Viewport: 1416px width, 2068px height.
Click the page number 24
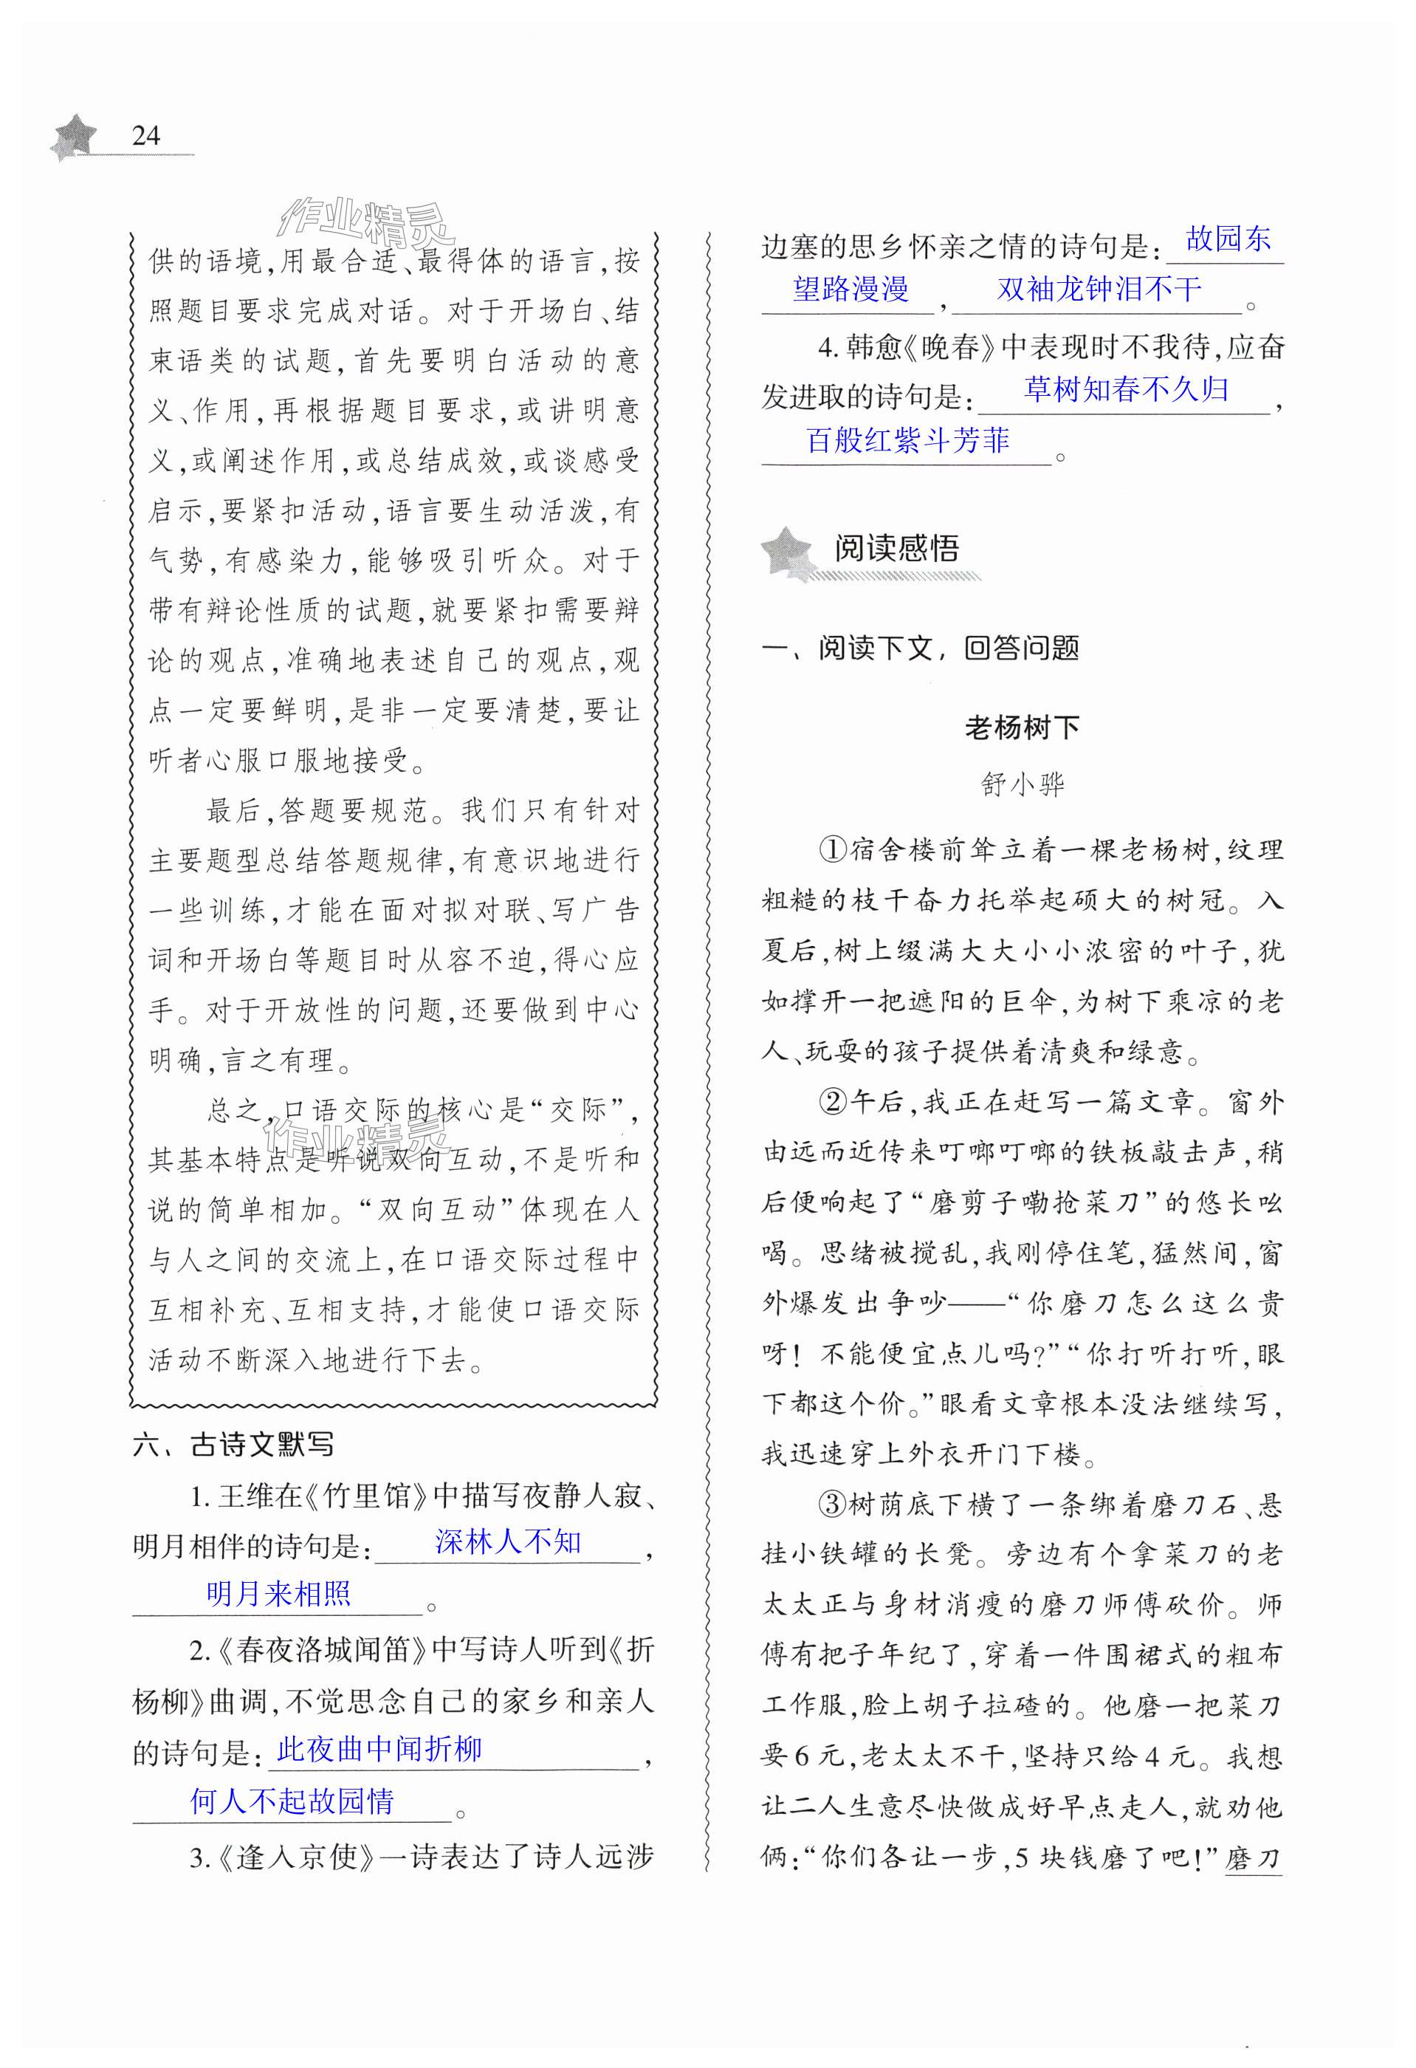[146, 135]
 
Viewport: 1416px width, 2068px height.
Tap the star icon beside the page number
[75, 136]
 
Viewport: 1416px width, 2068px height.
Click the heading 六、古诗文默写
[233, 1444]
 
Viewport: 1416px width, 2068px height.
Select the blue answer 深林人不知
[508, 1542]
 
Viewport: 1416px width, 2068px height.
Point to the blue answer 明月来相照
[278, 1593]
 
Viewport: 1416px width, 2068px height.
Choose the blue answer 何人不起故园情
[292, 1801]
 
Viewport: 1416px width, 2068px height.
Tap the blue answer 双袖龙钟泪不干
[1099, 288]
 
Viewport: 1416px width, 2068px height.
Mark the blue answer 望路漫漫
[850, 288]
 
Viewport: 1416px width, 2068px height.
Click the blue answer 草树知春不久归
[1126, 389]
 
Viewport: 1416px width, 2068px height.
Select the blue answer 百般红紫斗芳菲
[907, 439]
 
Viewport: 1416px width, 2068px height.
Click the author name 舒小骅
[1022, 784]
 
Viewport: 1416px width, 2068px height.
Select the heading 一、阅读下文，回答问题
[921, 648]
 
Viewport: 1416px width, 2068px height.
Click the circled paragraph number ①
[831, 850]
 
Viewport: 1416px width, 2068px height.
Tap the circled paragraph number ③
[831, 1504]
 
